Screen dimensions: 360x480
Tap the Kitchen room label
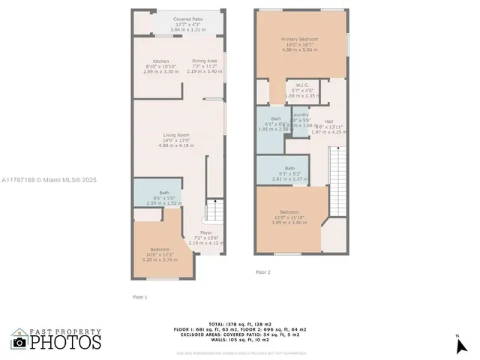click(160, 65)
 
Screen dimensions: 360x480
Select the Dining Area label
click(205, 65)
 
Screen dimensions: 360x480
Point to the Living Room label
click(177, 140)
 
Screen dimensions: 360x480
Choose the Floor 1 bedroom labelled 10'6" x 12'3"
click(160, 253)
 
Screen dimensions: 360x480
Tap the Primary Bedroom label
click(299, 43)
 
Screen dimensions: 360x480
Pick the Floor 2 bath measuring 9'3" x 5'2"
click(289, 173)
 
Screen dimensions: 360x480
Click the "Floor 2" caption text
click(262, 271)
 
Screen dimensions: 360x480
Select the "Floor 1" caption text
click(140, 297)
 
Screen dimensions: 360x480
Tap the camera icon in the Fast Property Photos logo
click(19, 342)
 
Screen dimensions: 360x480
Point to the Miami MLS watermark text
click(49, 180)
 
